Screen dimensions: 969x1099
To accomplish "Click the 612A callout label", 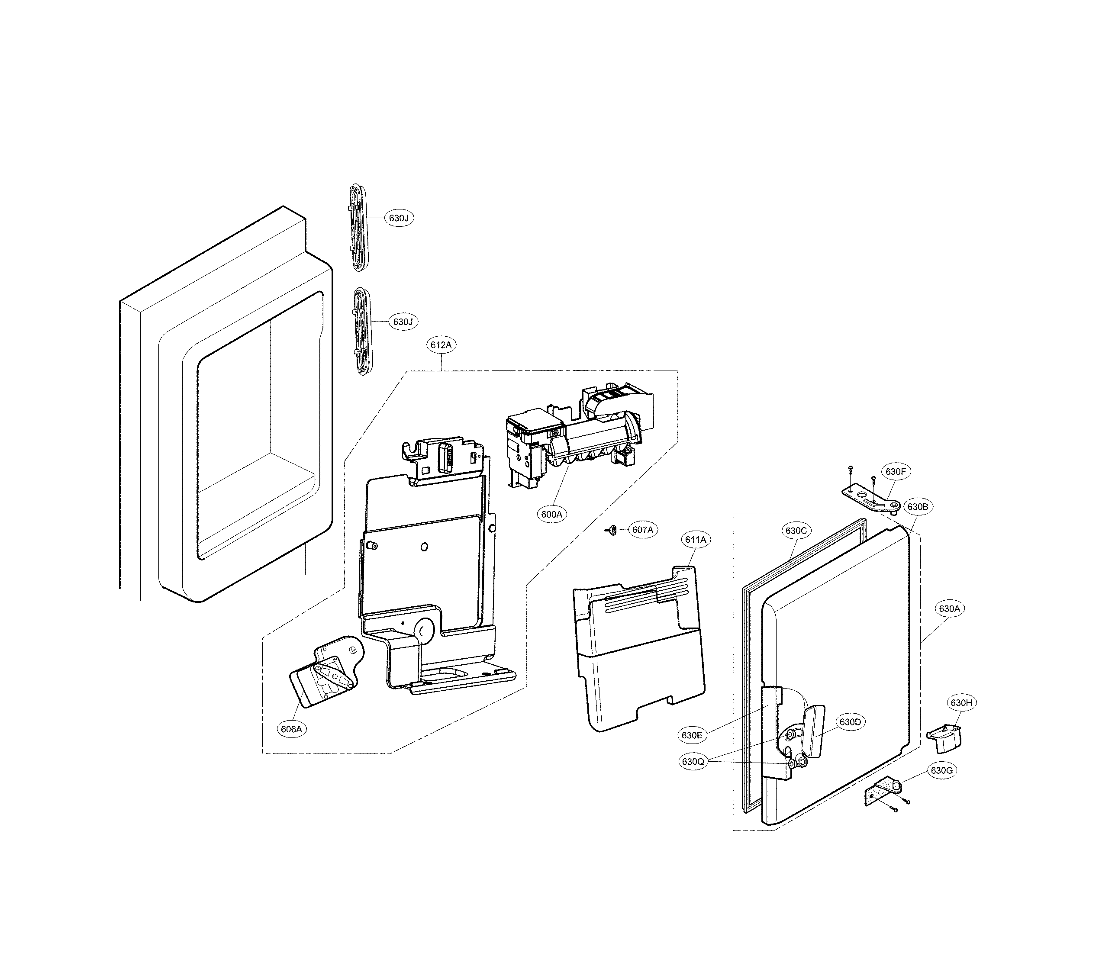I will pos(442,345).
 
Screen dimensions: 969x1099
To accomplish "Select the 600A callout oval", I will pos(551,514).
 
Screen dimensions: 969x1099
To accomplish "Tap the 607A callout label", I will pos(642,530).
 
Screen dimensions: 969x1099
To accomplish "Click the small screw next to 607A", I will pos(612,530).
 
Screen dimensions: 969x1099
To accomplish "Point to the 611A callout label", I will pos(696,539).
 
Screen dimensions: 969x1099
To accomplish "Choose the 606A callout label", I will pos(291,729).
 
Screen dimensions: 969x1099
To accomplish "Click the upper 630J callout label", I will pos(399,218).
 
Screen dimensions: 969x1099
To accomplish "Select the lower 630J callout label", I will pos(403,322).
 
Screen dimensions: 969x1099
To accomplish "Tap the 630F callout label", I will pos(896,472).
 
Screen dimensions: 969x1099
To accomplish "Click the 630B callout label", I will pos(917,506).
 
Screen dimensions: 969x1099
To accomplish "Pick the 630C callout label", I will pos(796,531).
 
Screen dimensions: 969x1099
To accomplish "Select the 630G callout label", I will pos(941,771).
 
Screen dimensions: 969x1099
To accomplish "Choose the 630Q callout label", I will pos(693,761).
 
